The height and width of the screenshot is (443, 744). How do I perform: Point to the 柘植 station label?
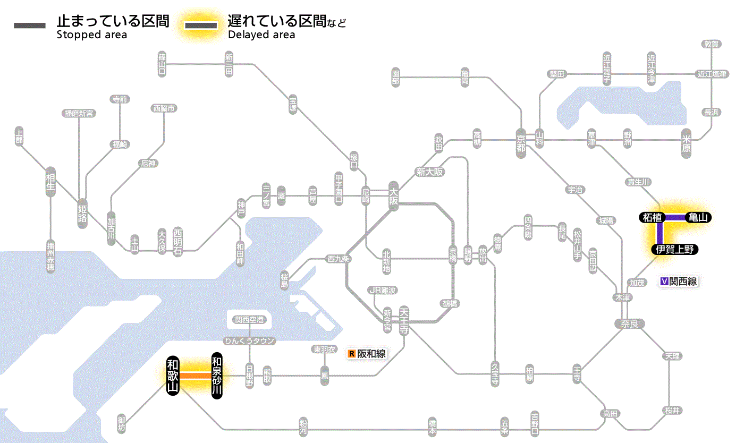[652, 217]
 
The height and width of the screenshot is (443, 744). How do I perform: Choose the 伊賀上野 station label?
[674, 250]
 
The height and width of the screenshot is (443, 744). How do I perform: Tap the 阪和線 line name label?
[371, 353]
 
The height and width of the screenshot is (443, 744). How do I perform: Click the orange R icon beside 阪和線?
[351, 353]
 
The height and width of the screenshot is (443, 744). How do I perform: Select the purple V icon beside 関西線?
[664, 282]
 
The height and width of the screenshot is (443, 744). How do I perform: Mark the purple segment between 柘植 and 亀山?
[675, 217]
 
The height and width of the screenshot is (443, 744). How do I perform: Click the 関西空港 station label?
[250, 320]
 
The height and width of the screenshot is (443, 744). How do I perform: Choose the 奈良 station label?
[629, 323]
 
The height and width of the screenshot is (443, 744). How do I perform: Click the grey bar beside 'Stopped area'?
[30, 26]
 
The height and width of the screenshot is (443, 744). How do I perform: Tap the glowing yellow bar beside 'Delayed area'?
[201, 26]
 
